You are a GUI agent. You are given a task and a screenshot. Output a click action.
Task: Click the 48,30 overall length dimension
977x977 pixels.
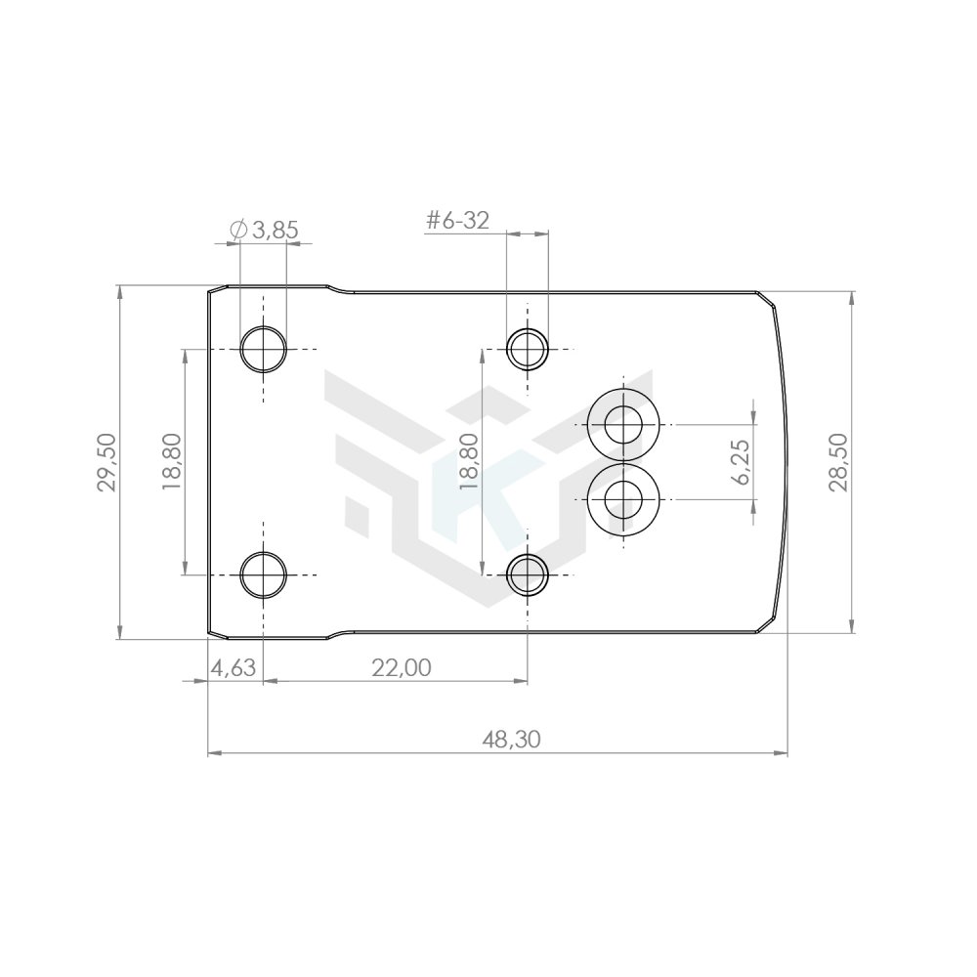(x=511, y=740)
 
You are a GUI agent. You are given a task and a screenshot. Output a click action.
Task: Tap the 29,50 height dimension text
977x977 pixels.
(x=106, y=462)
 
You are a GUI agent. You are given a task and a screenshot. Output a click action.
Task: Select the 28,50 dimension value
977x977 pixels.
(x=838, y=462)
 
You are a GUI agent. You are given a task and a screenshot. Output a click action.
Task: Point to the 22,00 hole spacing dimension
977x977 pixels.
(x=402, y=668)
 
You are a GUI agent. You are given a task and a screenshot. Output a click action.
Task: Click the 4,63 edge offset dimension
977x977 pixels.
(x=234, y=668)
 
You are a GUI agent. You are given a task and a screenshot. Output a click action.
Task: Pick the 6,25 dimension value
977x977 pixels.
(x=742, y=462)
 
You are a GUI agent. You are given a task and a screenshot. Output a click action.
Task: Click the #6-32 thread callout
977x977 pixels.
(x=456, y=220)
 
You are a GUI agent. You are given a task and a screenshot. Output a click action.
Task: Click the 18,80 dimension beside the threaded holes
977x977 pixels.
(x=469, y=462)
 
